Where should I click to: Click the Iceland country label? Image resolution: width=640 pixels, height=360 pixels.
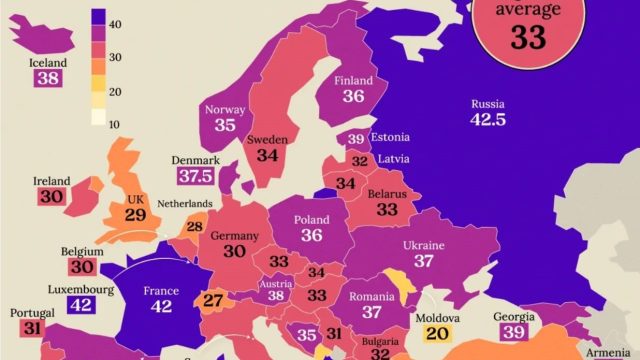click(49, 62)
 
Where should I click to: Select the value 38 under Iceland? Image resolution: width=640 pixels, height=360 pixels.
click(49, 78)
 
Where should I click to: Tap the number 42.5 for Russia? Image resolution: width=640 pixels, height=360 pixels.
click(489, 120)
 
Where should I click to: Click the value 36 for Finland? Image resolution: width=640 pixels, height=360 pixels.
click(352, 97)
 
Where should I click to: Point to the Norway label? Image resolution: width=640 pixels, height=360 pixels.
click(223, 110)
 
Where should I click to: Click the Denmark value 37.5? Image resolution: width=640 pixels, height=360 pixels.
click(195, 176)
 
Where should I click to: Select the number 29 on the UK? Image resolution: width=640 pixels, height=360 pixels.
click(136, 213)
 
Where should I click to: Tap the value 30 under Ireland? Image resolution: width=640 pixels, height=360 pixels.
click(51, 197)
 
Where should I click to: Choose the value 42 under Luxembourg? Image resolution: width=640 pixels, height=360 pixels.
click(82, 306)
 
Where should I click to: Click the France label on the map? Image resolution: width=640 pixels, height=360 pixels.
click(160, 292)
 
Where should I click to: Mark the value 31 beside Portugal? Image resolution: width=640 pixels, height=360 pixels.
click(32, 328)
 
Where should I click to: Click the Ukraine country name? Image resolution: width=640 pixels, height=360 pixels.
click(424, 244)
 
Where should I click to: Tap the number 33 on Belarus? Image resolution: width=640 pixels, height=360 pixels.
click(387, 209)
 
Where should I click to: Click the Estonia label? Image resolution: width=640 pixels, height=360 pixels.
click(389, 137)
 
